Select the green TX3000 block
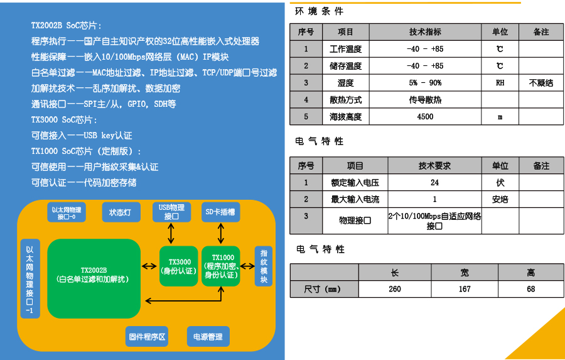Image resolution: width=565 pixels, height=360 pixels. click(178, 266)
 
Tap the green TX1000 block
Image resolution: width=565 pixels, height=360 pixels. click(221, 266)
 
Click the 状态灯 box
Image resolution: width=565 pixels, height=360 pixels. click(121, 212)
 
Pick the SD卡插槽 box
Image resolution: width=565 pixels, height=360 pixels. click(220, 212)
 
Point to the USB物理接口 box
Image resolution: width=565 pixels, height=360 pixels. click(171, 212)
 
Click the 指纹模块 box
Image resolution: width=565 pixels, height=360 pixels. click(264, 266)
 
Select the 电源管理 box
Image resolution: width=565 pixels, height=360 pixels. click(208, 337)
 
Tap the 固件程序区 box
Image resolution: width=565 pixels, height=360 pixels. click(148, 337)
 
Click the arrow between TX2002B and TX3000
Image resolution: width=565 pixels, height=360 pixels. click(149, 266)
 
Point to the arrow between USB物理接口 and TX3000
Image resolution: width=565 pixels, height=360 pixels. click(171, 233)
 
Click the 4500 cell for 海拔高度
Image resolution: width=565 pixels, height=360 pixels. click(425, 117)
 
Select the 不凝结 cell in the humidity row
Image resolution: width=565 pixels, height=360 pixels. click(541, 83)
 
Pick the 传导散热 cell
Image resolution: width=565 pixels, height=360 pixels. click(425, 100)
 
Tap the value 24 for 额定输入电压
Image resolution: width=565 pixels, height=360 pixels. click(434, 183)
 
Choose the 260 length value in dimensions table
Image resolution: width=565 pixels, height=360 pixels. click(395, 290)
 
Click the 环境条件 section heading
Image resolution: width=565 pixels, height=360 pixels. click(319, 11)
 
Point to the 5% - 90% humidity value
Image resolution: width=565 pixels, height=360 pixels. click(425, 83)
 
